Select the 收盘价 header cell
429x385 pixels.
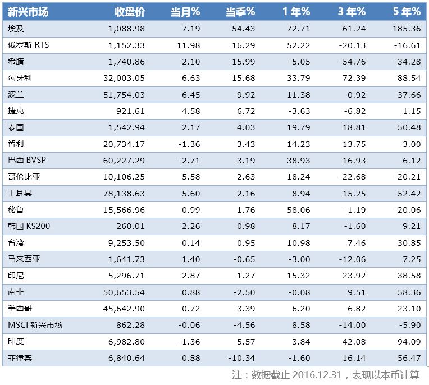130,12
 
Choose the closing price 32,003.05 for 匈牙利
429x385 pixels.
121,78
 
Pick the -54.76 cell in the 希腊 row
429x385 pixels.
352,61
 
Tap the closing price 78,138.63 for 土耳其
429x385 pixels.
121,194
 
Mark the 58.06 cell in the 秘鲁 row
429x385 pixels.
298,210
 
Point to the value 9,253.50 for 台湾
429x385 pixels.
124,243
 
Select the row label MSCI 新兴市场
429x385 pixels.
35,325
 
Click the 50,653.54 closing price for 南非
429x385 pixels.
121,292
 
